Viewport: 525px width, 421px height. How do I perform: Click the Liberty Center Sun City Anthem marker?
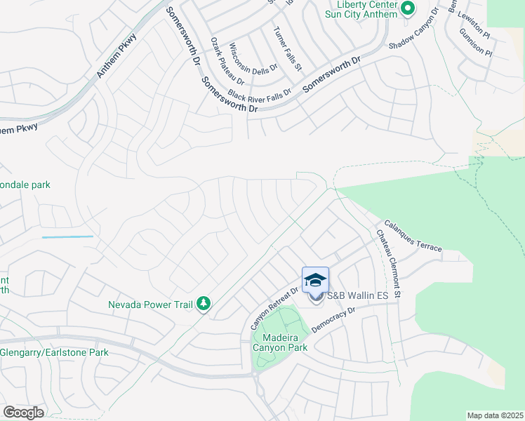tap(406, 9)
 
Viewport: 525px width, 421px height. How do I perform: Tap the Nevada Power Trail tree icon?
tap(204, 304)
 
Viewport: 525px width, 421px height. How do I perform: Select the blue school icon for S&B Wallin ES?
tap(316, 279)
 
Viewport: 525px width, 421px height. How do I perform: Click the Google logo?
tap(22, 413)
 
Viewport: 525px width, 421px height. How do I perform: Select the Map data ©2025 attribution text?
tap(495, 415)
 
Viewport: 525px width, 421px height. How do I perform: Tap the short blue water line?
tap(67, 237)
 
